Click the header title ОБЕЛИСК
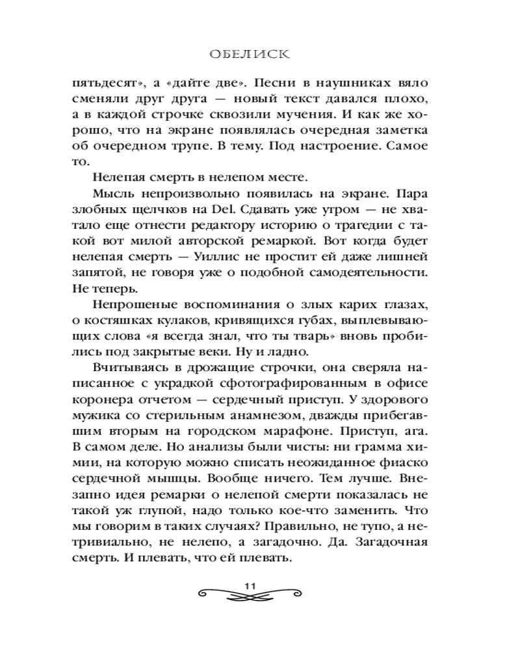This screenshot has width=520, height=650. [260, 55]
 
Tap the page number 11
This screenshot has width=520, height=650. [252, 586]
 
